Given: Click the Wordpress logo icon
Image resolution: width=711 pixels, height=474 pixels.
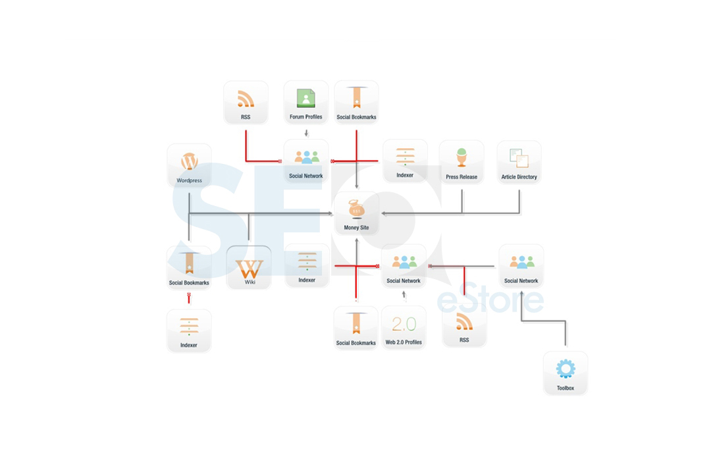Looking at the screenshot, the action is point(189,161).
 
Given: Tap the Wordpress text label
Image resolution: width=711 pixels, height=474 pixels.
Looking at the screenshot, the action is point(189,180).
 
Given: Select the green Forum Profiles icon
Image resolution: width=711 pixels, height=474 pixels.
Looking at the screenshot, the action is point(306,98).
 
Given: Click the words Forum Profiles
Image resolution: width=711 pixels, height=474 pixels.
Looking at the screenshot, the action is point(306,117).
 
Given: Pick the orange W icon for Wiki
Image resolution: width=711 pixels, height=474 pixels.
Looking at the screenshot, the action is point(250,269).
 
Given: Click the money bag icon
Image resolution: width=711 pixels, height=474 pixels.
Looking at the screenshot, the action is point(356,209).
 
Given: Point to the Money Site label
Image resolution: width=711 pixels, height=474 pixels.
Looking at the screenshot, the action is point(356,228).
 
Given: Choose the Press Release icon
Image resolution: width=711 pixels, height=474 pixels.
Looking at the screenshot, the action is point(461,157).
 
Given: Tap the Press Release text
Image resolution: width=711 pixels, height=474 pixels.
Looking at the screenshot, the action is point(461,177).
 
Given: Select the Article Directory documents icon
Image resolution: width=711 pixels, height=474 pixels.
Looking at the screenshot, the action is point(519,158).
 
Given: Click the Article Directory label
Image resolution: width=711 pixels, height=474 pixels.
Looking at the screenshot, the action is point(519,177).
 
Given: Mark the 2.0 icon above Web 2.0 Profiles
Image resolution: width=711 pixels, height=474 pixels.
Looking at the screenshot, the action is point(404,324).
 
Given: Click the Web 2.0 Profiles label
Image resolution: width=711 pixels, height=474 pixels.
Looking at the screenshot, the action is point(404,342).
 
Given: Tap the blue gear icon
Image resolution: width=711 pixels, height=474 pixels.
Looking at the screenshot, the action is point(566,369).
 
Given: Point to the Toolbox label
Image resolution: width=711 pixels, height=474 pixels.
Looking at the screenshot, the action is point(566,388).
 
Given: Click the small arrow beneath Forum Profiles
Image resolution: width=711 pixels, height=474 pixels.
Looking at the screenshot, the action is point(307,133).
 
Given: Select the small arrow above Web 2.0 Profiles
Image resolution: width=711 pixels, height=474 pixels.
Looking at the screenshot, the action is point(404,296).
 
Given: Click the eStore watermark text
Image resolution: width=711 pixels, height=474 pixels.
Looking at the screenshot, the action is point(490,298).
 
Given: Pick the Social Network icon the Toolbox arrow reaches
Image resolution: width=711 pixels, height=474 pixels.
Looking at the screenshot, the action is point(522,262).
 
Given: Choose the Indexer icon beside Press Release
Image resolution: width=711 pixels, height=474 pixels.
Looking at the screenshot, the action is point(405,157).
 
